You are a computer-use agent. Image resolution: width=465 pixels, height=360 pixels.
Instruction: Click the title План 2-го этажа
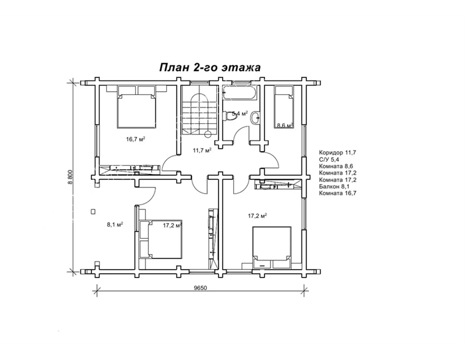pyautogui.click(x=210, y=67)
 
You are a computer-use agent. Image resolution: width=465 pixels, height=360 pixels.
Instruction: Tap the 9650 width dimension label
pyautogui.click(x=200, y=288)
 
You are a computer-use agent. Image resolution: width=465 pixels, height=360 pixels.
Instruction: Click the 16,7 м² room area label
pyautogui.click(x=136, y=139)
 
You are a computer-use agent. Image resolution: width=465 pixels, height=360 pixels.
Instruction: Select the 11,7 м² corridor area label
pyautogui.click(x=202, y=150)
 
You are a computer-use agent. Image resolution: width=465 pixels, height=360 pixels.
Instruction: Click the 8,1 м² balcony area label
pyautogui.click(x=115, y=225)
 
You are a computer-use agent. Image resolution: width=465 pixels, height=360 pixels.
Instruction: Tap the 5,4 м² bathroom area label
pyautogui.click(x=240, y=113)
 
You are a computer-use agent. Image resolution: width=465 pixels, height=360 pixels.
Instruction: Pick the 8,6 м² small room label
pyautogui.click(x=285, y=125)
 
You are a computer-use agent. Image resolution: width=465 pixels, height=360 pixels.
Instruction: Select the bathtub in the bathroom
pyautogui.click(x=240, y=93)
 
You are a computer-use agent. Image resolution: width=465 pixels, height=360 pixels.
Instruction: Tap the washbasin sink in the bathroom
pyautogui.click(x=255, y=117)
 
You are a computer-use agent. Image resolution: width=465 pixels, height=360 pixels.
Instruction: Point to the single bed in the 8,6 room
pyautogui.click(x=284, y=107)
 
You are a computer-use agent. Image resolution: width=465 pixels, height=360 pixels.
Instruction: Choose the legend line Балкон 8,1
pyautogui.click(x=334, y=187)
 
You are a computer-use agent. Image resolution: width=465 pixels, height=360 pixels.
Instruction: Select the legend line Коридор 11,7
pyautogui.click(x=337, y=153)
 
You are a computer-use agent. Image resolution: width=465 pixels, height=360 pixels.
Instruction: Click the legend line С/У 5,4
pyautogui.click(x=329, y=159)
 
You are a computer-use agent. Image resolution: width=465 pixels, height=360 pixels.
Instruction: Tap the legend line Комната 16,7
pyautogui.click(x=338, y=193)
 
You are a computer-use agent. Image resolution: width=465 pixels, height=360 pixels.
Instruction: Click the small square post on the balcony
pyautogui.click(x=93, y=212)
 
